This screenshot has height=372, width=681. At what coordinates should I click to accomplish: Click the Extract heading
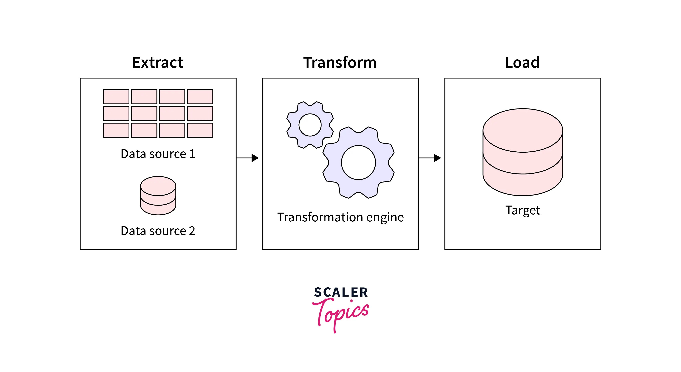pyautogui.click(x=158, y=63)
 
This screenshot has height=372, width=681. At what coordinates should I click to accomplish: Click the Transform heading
pyautogui.click(x=340, y=63)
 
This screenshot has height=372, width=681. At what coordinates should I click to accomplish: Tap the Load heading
pyautogui.click(x=522, y=63)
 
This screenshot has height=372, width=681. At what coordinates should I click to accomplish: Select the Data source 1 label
pyautogui.click(x=158, y=154)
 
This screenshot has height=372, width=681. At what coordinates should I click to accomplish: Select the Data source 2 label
pyautogui.click(x=158, y=231)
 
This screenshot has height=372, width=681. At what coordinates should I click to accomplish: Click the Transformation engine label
pyautogui.click(x=340, y=217)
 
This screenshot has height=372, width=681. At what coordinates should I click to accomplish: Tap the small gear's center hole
pyautogui.click(x=310, y=125)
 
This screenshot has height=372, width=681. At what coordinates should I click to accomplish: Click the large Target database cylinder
pyautogui.click(x=523, y=152)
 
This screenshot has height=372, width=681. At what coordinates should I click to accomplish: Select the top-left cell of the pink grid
pyautogui.click(x=116, y=97)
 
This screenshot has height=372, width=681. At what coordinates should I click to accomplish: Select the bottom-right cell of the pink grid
pyautogui.click(x=200, y=130)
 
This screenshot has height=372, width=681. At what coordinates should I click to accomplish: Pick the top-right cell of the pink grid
pyautogui.click(x=200, y=97)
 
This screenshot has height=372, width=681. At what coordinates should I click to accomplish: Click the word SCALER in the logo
pyautogui.click(x=341, y=292)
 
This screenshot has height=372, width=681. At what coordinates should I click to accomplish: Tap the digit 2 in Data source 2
pyautogui.click(x=192, y=231)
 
